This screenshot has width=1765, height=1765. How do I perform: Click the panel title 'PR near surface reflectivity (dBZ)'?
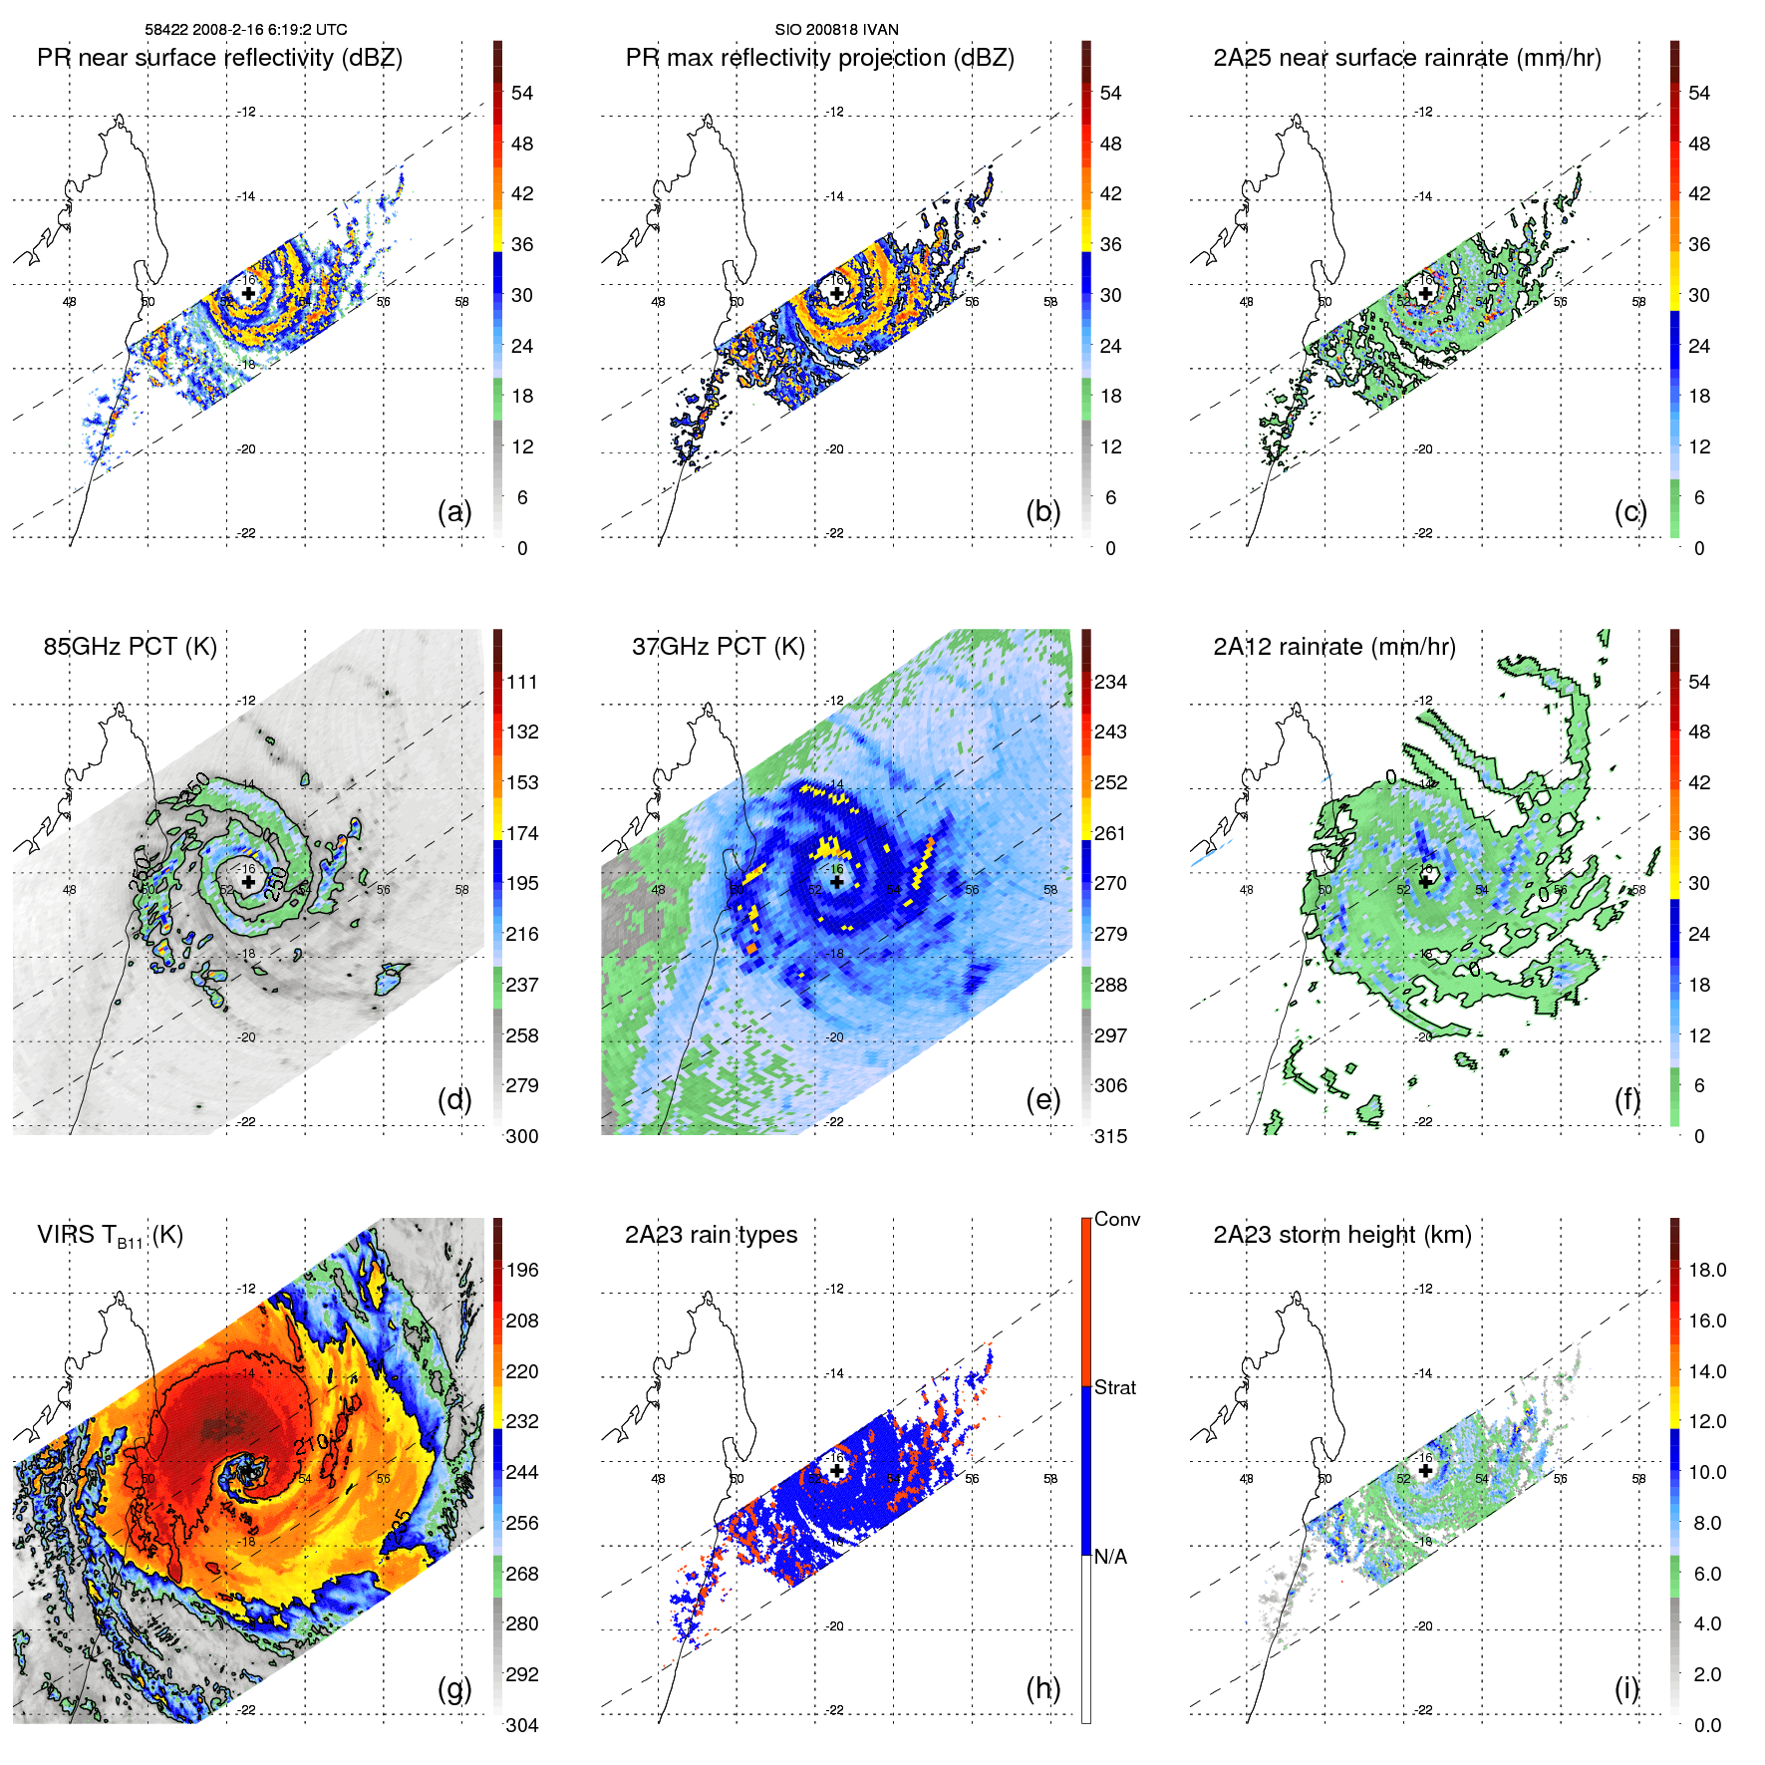coord(219,58)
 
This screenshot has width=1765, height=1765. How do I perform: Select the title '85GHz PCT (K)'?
coord(130,646)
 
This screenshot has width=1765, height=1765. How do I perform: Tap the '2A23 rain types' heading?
coord(711,1235)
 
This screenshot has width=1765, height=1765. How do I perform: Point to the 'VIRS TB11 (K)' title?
coord(110,1236)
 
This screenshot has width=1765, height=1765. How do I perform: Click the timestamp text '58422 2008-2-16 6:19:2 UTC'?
coord(246,29)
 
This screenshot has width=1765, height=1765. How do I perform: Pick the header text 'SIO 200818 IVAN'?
coord(836,29)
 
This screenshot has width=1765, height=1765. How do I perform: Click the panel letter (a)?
coord(453,511)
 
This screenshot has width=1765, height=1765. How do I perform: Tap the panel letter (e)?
coord(1042,1099)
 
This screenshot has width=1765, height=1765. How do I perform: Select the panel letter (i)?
coord(1626,1688)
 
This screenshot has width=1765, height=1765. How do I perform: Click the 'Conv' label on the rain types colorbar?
coord(1116,1219)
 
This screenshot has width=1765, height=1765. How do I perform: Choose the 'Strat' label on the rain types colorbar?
coord(1114,1387)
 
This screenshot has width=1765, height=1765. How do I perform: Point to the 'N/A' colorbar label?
coord(1110,1557)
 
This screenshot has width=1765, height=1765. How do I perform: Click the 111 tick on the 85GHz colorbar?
coord(522,682)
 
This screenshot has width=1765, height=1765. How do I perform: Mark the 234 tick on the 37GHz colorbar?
coord(1110,682)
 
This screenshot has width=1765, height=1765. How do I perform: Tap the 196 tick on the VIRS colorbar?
coord(522,1270)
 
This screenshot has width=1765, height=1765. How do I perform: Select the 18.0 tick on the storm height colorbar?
coord(1706,1270)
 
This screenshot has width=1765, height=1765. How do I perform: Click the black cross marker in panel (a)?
coord(248,293)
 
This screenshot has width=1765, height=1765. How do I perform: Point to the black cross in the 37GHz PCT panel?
coord(837,881)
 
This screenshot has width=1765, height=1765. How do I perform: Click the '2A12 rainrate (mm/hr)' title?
coord(1333,647)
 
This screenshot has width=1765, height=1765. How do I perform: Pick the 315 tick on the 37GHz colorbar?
coord(1110,1136)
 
